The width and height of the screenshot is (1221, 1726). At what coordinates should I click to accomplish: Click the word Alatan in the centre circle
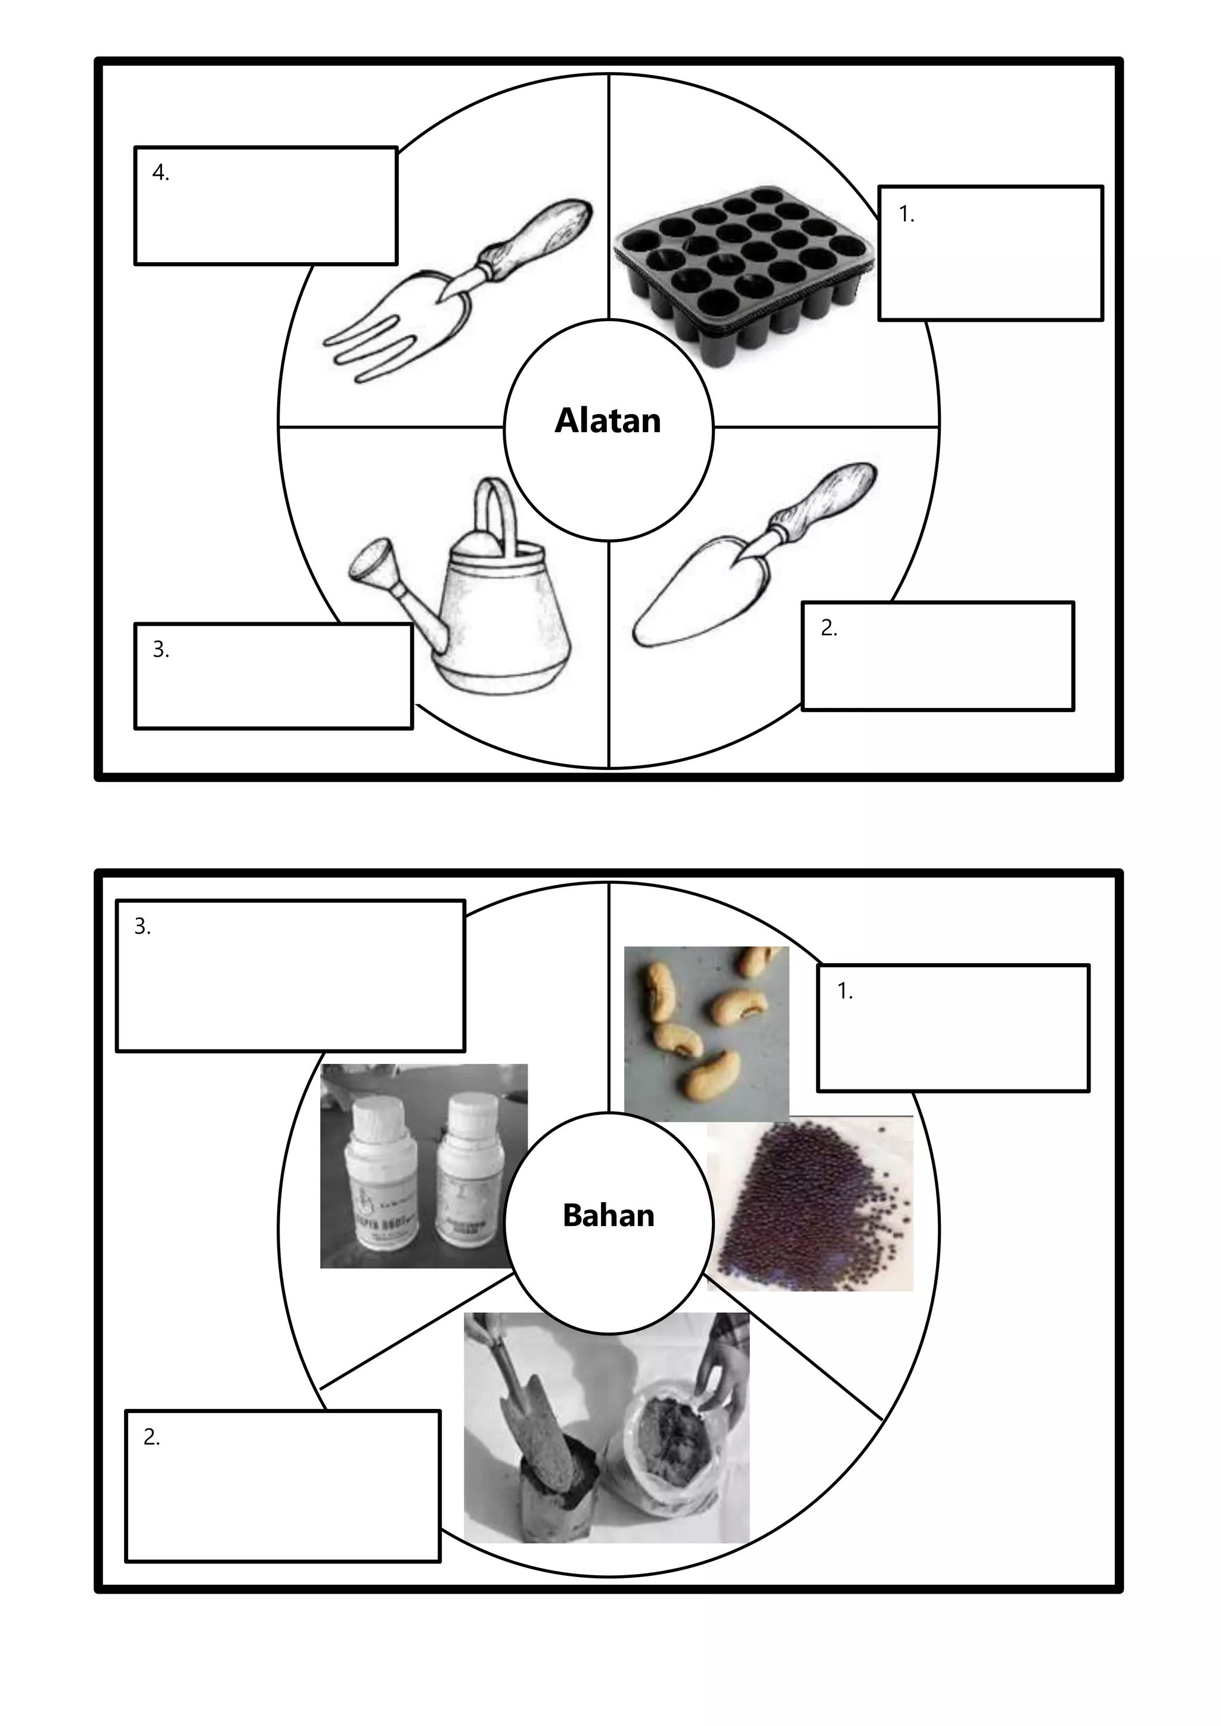pos(608,421)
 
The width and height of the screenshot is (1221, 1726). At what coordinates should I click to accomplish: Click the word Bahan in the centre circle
pos(608,1216)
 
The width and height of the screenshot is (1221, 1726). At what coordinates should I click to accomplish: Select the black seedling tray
pos(740,274)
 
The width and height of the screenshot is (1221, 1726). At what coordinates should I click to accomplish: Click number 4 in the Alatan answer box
pos(160,173)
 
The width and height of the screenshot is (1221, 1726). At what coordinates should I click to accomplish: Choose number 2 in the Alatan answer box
pos(829,628)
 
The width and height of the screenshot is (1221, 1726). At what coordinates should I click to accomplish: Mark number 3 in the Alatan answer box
pos(160,649)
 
